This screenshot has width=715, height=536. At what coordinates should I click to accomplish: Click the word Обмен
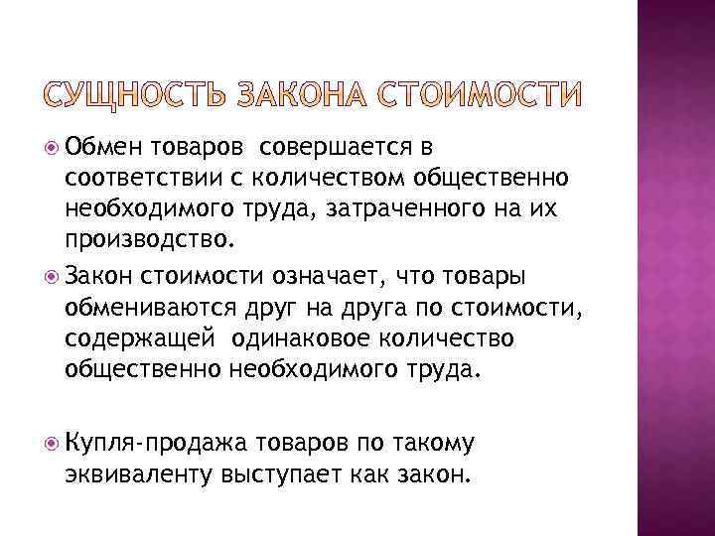pos(101,149)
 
